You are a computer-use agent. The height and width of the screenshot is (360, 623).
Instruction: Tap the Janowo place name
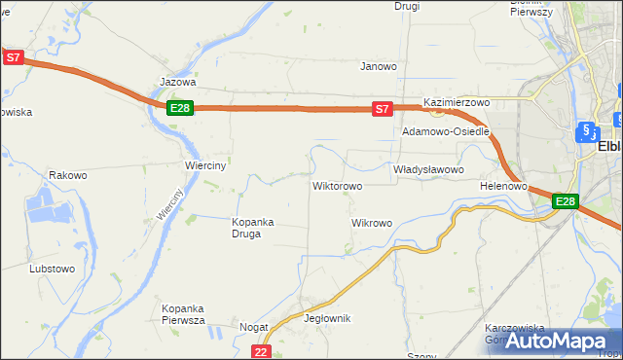coord(379,67)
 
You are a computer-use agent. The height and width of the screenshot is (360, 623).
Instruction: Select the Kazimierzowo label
coord(456,102)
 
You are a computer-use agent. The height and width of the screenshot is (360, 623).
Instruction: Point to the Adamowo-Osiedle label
coord(446,131)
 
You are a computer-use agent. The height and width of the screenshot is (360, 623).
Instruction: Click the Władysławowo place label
coord(428,169)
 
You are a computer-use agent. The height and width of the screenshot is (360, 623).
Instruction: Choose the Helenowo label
coord(503,185)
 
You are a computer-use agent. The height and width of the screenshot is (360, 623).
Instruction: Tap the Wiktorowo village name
coord(337,185)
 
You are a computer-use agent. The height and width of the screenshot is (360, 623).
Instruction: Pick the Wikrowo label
coord(371,223)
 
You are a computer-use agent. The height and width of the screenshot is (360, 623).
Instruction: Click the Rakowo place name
coord(68,176)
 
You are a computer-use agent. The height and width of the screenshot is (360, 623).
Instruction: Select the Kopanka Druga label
coord(252,227)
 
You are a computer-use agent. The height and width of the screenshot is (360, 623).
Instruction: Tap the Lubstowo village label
coord(53,268)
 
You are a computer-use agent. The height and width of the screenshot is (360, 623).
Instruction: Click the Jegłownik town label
coord(327,318)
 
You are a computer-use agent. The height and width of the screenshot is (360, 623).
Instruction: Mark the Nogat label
coord(254,328)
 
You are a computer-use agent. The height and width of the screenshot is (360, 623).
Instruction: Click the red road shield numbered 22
coord(260,351)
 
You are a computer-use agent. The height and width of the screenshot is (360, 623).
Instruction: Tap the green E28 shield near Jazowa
coord(179,108)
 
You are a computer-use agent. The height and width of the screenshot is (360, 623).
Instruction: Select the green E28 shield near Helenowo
coord(566,201)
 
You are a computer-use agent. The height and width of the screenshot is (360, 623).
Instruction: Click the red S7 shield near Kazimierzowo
coord(383,110)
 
